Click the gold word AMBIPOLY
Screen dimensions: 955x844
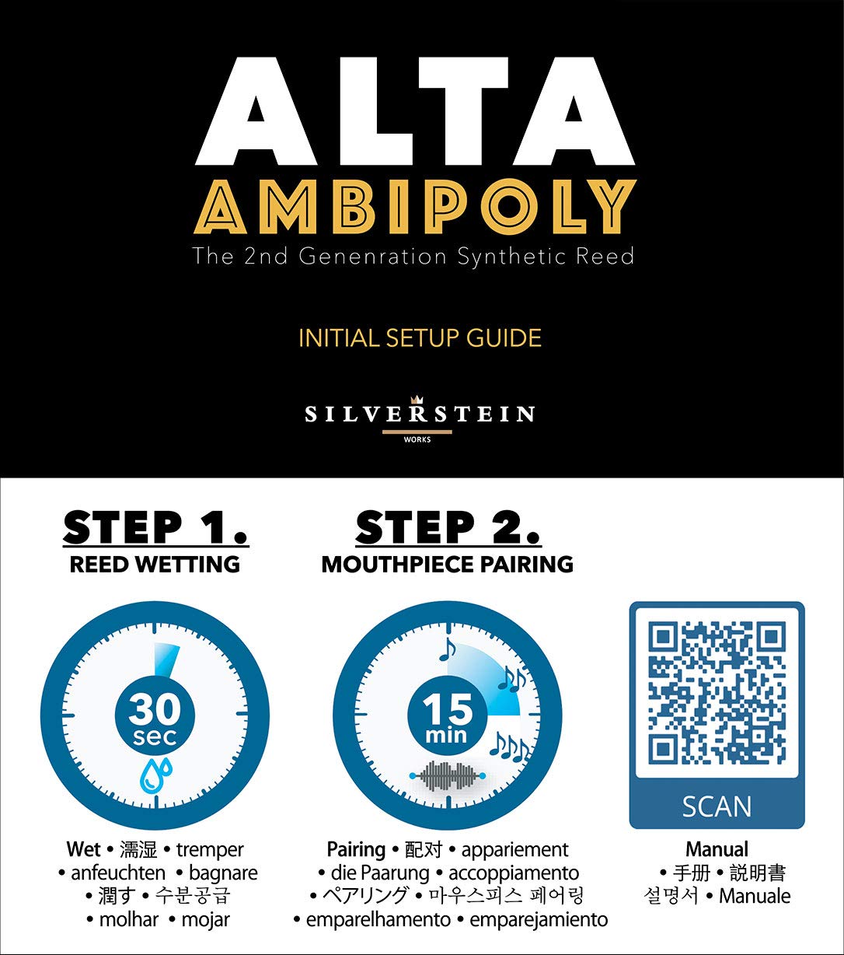coord(415,207)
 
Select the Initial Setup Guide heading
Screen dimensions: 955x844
coord(420,338)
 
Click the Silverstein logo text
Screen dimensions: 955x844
coord(420,413)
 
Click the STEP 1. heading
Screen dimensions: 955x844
coord(155,528)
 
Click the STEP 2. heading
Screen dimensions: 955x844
coord(448,528)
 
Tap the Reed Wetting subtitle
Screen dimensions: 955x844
coord(155,564)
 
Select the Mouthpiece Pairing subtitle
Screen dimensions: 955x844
coord(448,564)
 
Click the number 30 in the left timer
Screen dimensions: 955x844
coord(155,708)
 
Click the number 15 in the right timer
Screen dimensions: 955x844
coord(448,709)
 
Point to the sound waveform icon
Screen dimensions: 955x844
coord(447,776)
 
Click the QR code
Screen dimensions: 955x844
coord(717,694)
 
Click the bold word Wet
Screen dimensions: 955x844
coord(83,849)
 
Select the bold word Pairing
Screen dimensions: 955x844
coord(356,849)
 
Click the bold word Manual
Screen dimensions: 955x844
coord(717,849)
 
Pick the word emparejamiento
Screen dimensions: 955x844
coord(539,919)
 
